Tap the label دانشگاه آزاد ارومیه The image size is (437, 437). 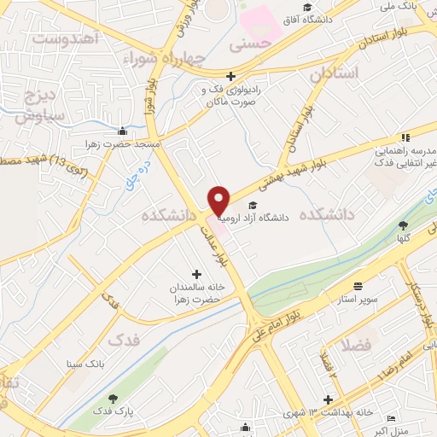click(x=254, y=218)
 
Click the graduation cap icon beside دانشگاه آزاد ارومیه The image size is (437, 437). click(x=252, y=205)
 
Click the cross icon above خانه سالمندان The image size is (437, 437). click(x=197, y=274)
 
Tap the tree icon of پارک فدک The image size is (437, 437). click(x=111, y=399)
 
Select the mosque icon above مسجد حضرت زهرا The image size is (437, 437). click(x=124, y=131)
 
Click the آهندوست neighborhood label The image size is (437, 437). click(x=66, y=38)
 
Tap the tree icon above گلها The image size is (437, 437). click(x=403, y=225)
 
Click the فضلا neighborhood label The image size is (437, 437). click(x=355, y=346)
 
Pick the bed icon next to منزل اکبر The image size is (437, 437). click(x=391, y=418)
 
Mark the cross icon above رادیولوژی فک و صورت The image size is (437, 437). click(x=230, y=76)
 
